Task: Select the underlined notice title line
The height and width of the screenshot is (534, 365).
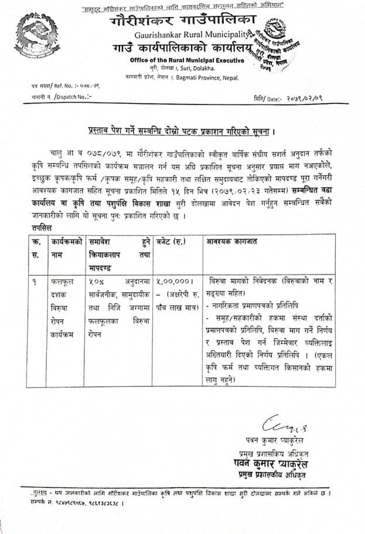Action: [x=182, y=133]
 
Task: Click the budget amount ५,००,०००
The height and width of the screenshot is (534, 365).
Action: [x=173, y=281]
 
